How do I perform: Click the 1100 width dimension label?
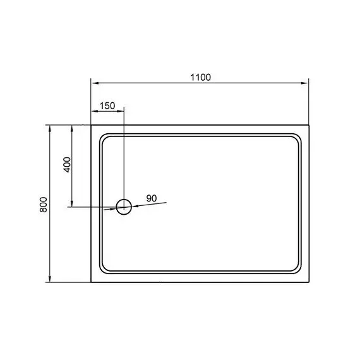tap(200, 78)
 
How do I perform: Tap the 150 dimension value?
tap(107, 106)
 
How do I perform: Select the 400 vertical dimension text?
tap(68, 164)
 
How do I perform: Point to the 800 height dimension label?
tap(44, 205)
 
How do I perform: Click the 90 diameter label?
tap(152, 198)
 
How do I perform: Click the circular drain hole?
tap(124, 200)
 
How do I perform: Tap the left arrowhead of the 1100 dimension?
tap(95, 83)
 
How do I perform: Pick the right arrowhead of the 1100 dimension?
tap(304, 83)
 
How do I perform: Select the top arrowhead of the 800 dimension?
tap(50, 129)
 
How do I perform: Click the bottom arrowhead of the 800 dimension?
tap(50, 279)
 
